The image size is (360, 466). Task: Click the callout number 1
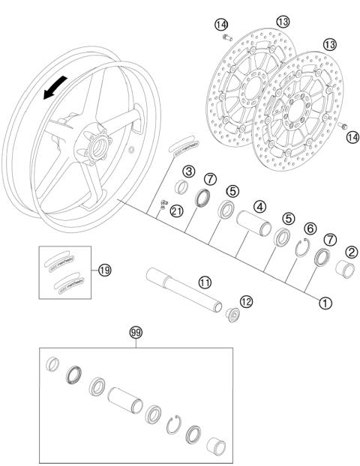pyautogui.click(x=325, y=303)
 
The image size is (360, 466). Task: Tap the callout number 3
pyautogui.click(x=189, y=172)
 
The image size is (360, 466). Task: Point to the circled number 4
pyautogui.click(x=260, y=205)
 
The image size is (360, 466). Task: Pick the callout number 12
pyautogui.click(x=246, y=300)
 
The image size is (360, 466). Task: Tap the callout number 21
pyautogui.click(x=176, y=211)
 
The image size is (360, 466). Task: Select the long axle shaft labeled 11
pyautogui.click(x=184, y=288)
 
